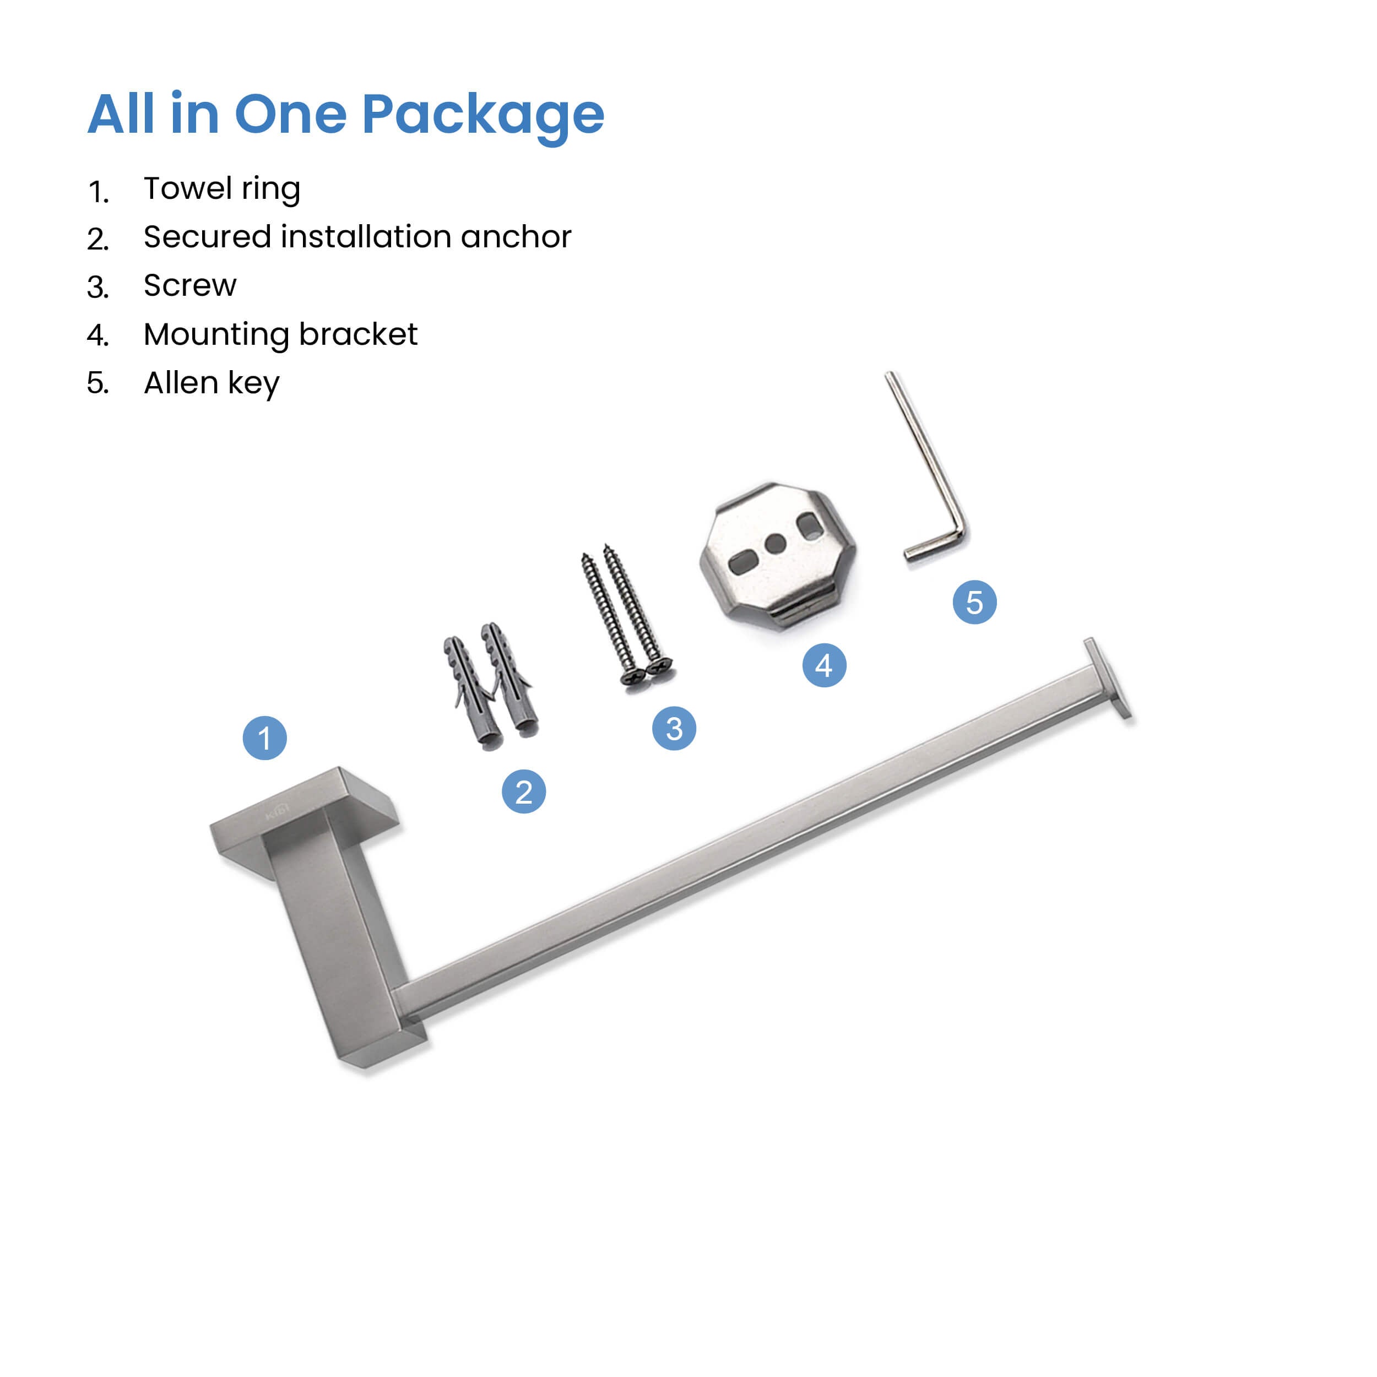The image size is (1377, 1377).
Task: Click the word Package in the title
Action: click(483, 116)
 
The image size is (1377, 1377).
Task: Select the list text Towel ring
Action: click(221, 189)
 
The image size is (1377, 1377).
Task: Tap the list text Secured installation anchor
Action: click(357, 237)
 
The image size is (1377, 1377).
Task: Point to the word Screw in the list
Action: click(189, 285)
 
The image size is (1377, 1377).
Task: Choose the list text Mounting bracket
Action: click(280, 334)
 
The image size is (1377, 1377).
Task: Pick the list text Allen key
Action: click(211, 383)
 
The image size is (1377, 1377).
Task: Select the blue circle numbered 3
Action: click(674, 728)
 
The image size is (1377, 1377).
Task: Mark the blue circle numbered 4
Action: click(824, 665)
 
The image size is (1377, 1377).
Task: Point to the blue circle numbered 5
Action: click(974, 602)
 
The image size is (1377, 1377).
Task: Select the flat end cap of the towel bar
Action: click(1108, 679)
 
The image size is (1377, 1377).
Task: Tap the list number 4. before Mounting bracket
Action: click(97, 335)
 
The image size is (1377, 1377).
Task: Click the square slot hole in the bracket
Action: click(809, 526)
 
